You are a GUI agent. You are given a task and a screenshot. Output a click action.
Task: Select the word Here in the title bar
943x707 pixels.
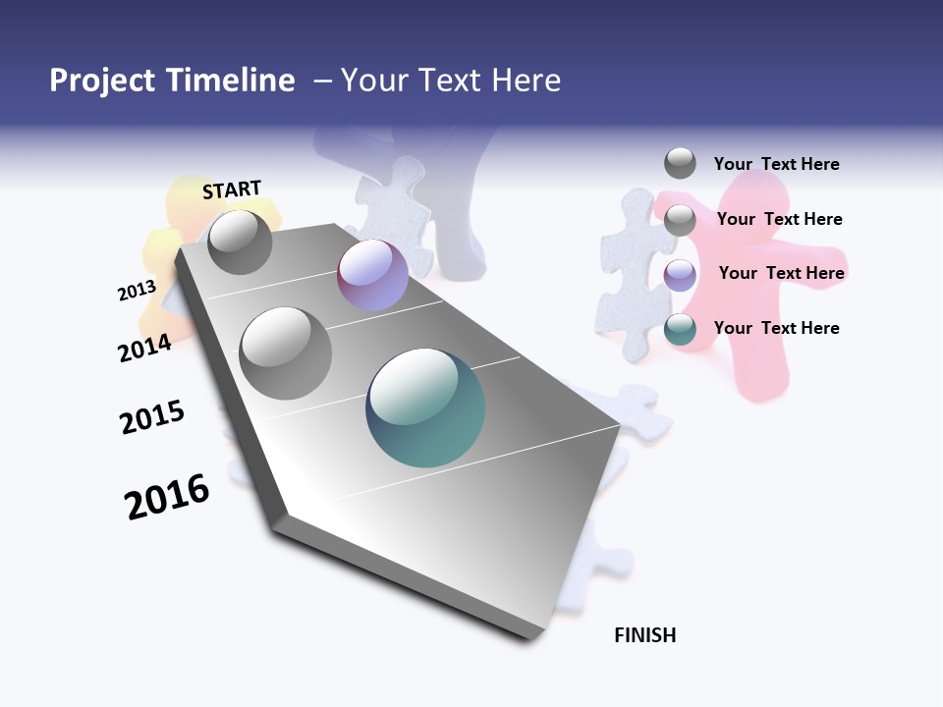point(526,81)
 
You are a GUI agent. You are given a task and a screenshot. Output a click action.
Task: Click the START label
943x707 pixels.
point(232,190)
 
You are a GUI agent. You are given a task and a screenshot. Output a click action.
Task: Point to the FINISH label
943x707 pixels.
point(645,635)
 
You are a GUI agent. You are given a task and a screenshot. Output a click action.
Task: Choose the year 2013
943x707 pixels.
point(137,290)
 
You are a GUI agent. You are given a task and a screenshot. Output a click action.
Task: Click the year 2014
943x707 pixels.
point(145,348)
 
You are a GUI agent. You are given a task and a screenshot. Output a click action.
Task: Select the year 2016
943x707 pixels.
point(167,497)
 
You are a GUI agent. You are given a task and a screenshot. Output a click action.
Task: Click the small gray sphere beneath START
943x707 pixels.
point(240,242)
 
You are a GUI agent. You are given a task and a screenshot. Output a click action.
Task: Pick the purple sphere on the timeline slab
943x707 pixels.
point(372,276)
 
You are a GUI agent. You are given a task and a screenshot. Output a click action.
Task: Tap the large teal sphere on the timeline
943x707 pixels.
point(425,408)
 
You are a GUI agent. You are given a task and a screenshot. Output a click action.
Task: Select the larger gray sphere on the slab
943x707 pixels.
point(285,353)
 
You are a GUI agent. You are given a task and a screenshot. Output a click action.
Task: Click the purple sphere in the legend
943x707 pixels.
point(680,275)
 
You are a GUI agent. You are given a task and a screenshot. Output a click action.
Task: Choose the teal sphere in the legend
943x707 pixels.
point(680,330)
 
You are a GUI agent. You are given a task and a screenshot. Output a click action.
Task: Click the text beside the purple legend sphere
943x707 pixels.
point(781,273)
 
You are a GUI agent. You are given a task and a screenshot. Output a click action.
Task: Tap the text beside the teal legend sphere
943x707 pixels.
point(776,328)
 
